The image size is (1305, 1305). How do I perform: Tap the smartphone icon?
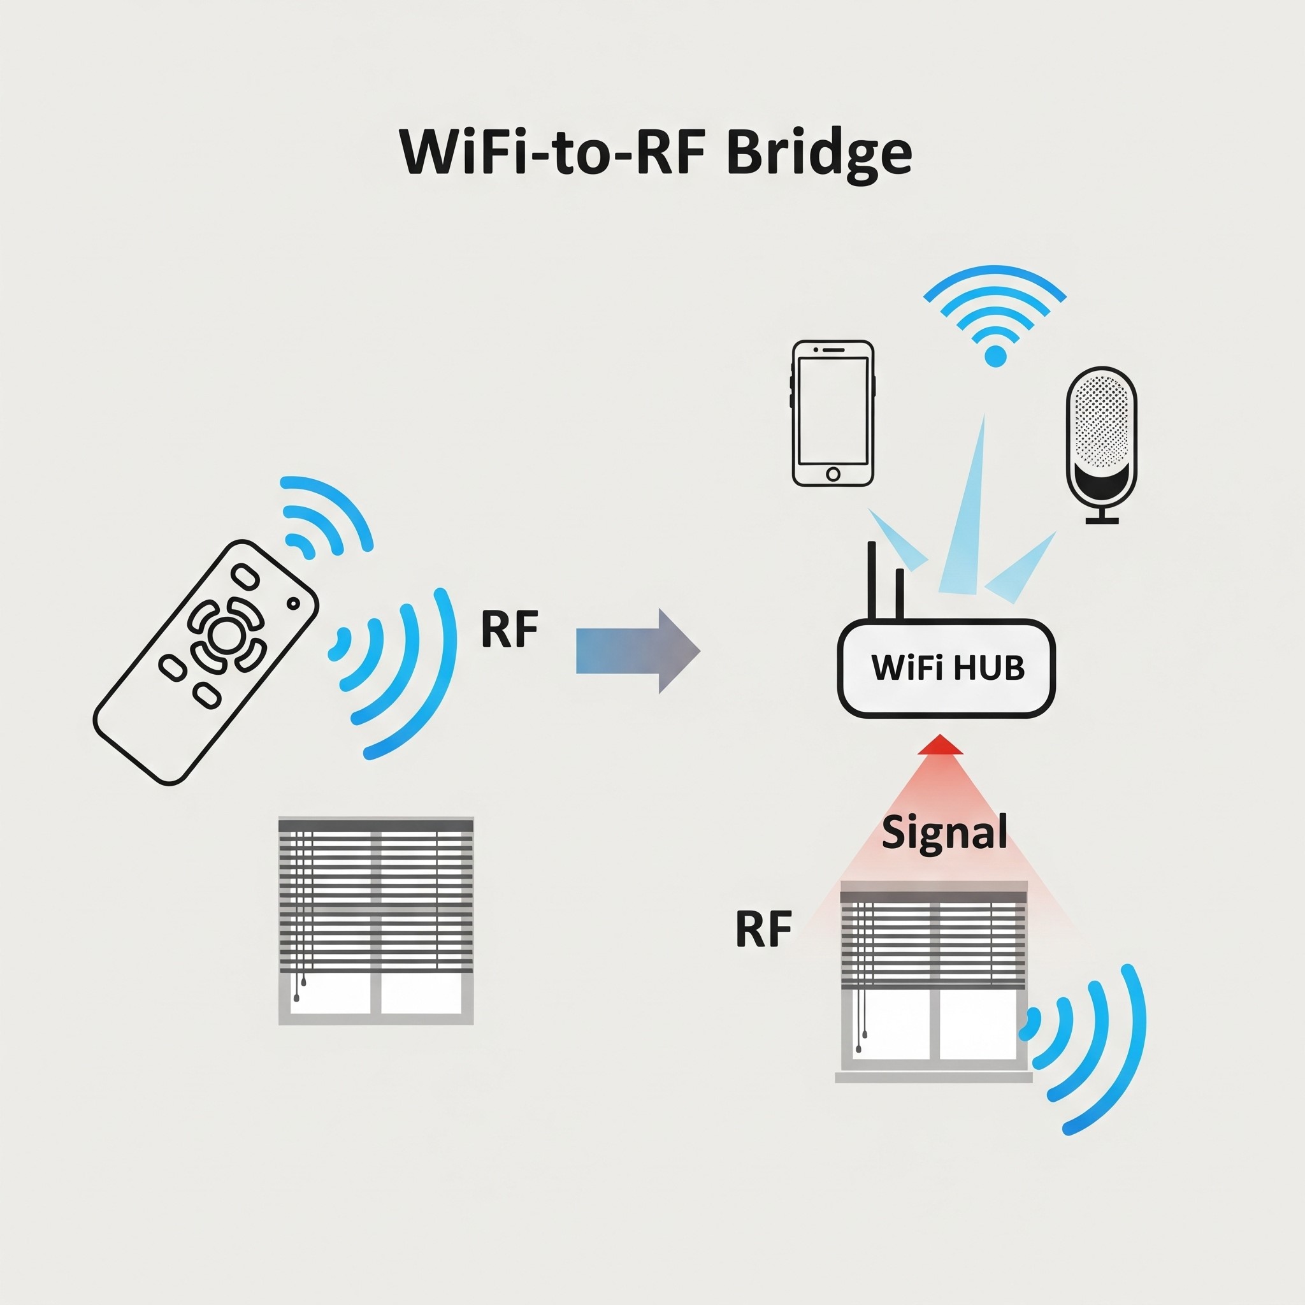pyautogui.click(x=833, y=413)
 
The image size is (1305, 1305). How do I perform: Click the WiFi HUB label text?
pyautogui.click(x=948, y=668)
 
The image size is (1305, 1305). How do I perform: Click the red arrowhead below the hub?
pyautogui.click(x=941, y=745)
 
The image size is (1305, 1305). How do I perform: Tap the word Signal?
pyautogui.click(x=944, y=833)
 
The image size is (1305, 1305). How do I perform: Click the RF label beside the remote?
pyautogui.click(x=509, y=629)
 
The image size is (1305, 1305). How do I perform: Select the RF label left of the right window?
pyautogui.click(x=763, y=930)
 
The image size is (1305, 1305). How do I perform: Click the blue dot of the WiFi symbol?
pyautogui.click(x=995, y=356)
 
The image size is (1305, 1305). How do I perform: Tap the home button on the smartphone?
pyautogui.click(x=833, y=473)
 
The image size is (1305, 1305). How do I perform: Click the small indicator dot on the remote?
pyautogui.click(x=293, y=603)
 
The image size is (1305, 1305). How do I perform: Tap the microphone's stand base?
pyautogui.click(x=1102, y=520)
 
